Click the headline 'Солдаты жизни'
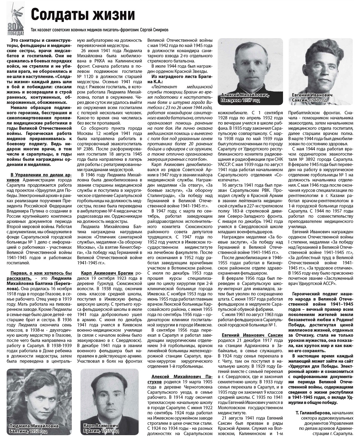click(83, 14)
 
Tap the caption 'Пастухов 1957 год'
click(240, 100)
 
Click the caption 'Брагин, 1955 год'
click(101, 431)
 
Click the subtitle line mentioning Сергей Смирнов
click(100, 30)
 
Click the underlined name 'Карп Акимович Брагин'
click(107, 273)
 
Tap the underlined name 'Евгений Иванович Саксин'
click(252, 335)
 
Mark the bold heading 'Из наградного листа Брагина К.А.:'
click(179, 79)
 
